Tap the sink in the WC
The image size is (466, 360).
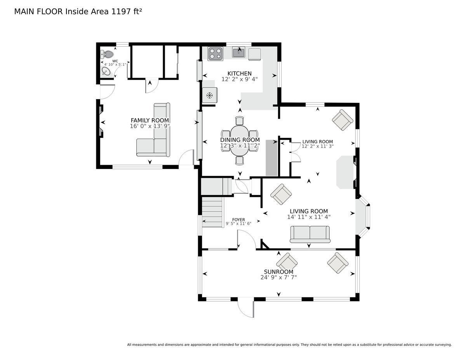click(x=106, y=71)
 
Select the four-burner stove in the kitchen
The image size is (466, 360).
click(x=215, y=54)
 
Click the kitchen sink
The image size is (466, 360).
click(x=238, y=52)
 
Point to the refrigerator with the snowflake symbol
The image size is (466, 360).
click(x=210, y=95)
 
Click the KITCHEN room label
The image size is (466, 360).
click(x=239, y=73)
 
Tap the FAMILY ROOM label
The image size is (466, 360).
click(x=150, y=120)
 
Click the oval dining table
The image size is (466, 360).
click(x=240, y=141)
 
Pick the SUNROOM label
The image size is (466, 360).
click(x=278, y=272)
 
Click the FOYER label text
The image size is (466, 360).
click(x=238, y=220)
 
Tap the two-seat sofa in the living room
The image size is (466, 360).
click(x=310, y=234)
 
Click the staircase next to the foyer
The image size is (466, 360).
click(x=212, y=212)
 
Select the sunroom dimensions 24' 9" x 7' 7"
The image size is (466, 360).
click(x=278, y=277)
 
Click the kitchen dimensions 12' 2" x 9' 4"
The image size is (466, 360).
click(x=239, y=79)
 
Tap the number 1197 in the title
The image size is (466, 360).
click(x=121, y=12)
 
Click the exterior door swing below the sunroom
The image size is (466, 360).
click(x=246, y=307)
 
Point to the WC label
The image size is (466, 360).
click(x=115, y=61)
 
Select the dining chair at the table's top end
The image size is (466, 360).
click(x=240, y=120)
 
